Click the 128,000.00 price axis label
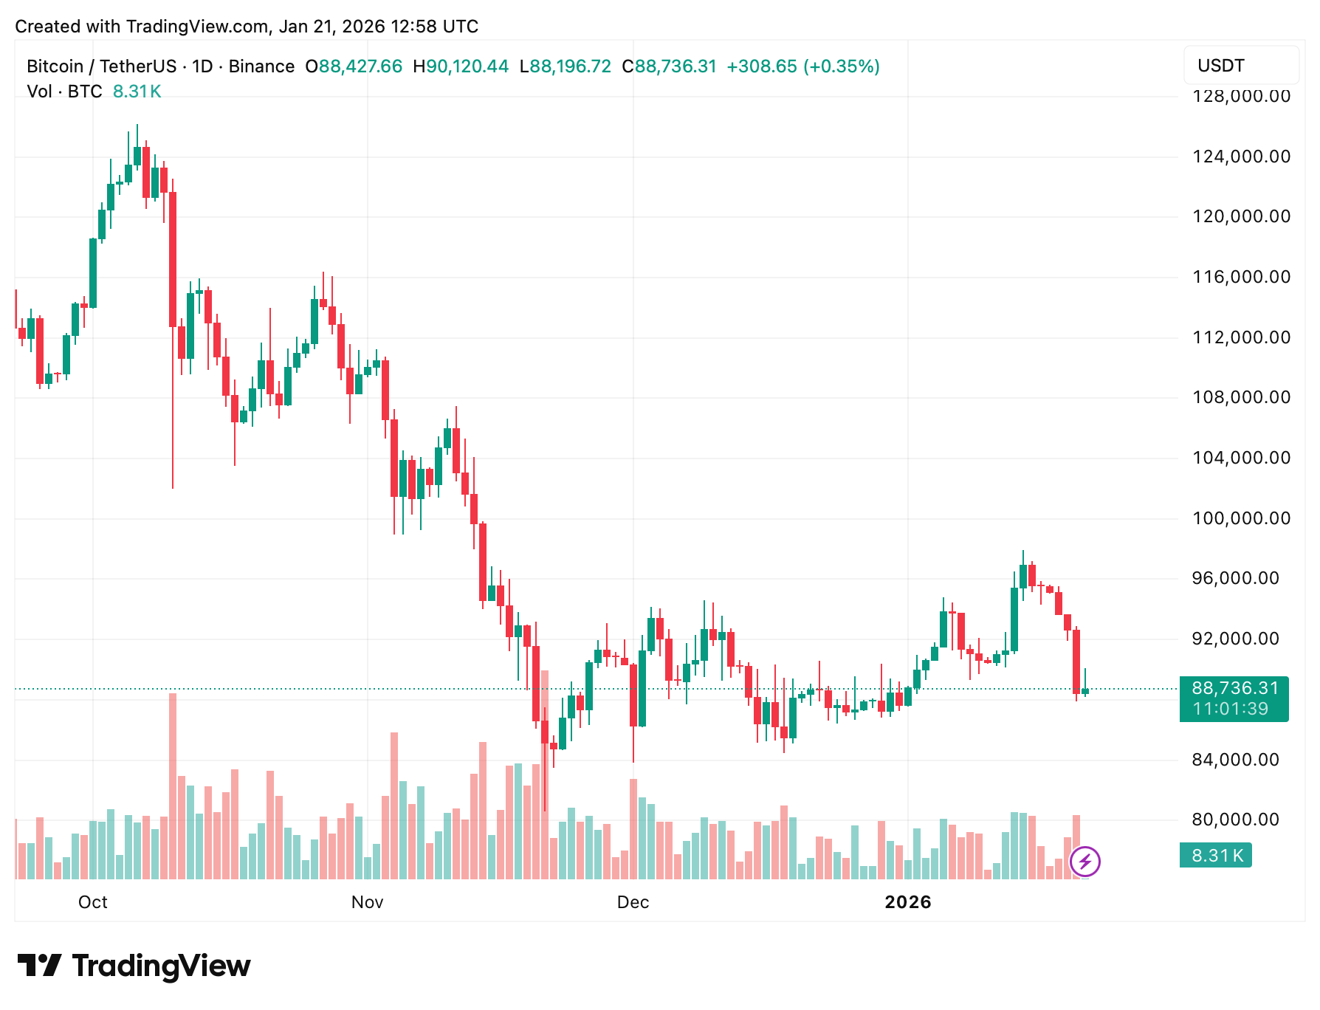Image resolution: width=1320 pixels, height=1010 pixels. (x=1241, y=97)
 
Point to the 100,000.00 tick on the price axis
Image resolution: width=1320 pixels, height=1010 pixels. (x=1241, y=518)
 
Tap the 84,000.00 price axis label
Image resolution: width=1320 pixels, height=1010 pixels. (x=1235, y=760)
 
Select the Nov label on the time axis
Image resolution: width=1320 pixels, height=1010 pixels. (x=367, y=902)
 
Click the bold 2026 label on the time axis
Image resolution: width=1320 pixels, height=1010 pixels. (x=907, y=902)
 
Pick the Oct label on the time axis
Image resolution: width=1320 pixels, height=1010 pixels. (x=93, y=902)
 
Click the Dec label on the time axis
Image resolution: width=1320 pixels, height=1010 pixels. (x=633, y=902)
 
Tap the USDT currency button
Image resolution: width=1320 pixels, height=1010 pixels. (x=1240, y=66)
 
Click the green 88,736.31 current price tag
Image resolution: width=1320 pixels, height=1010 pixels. (x=1234, y=689)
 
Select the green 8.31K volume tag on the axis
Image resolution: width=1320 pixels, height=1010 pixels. (x=1216, y=856)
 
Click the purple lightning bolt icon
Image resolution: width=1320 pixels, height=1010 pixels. (x=1085, y=861)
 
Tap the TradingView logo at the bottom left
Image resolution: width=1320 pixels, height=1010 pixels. (x=134, y=966)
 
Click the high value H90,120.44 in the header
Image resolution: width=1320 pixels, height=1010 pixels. (x=461, y=66)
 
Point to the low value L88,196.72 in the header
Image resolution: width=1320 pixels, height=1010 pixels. (x=566, y=66)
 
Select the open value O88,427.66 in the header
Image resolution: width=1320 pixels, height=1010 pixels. (x=354, y=66)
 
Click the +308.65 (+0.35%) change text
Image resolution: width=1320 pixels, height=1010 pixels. (x=802, y=66)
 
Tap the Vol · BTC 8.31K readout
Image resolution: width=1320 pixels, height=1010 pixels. (x=94, y=92)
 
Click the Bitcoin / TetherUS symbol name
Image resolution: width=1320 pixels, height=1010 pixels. (x=101, y=66)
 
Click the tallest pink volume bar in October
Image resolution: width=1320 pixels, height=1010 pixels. (x=173, y=786)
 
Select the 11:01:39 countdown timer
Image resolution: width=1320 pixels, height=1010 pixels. (x=1230, y=710)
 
